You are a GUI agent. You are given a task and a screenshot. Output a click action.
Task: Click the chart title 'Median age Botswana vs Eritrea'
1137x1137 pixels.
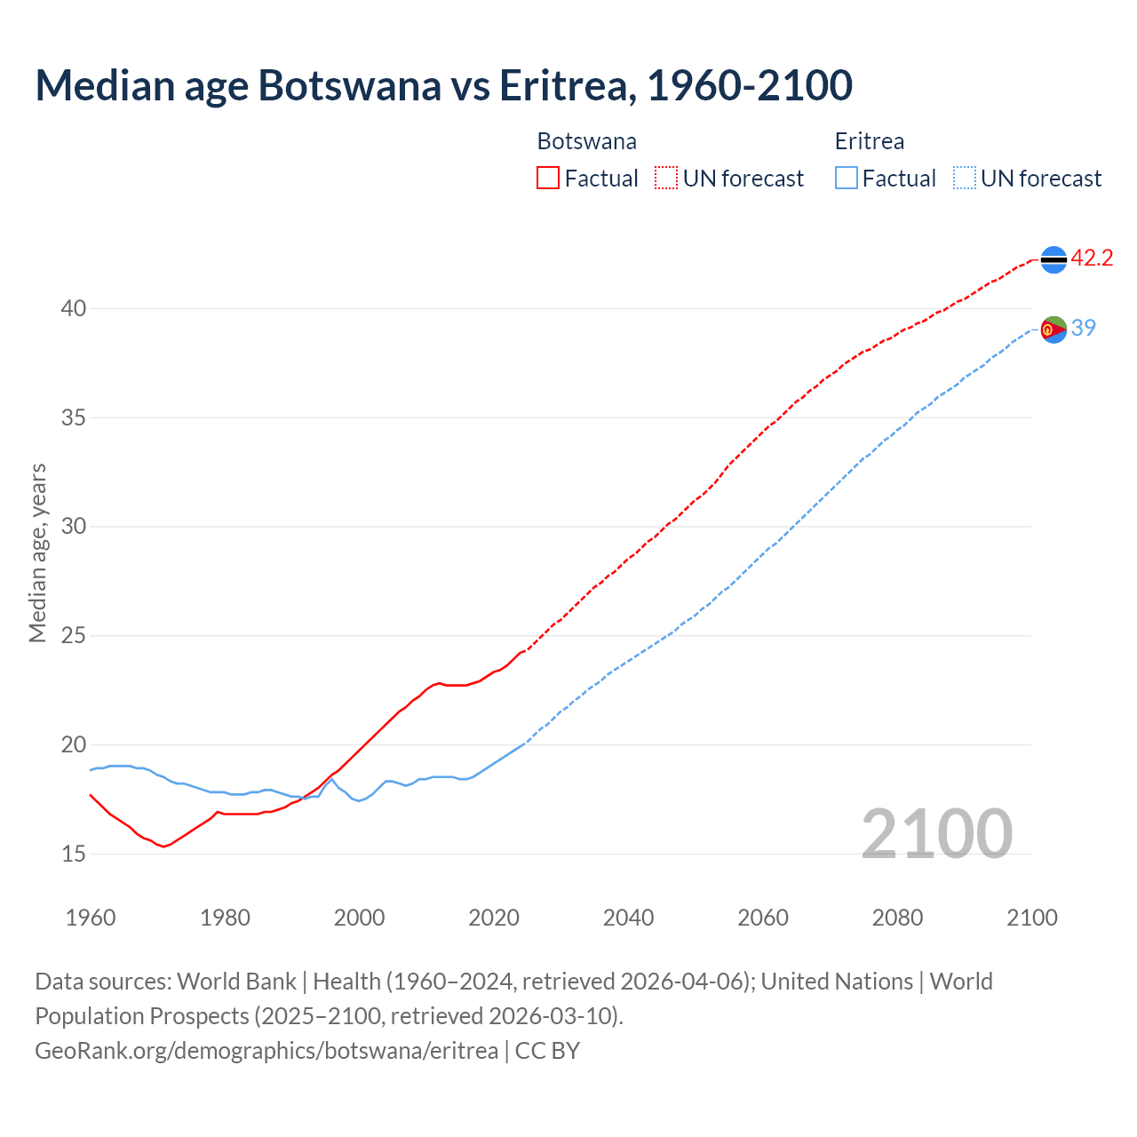coord(443,85)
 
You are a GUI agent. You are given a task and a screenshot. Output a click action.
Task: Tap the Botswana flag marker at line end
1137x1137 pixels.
coord(1054,259)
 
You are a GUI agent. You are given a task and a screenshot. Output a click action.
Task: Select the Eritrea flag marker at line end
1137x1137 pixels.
coord(1054,329)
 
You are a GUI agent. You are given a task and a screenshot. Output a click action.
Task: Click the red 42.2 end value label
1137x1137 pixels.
coord(1092,258)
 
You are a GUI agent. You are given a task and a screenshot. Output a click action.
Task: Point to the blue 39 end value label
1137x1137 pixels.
coord(1084,328)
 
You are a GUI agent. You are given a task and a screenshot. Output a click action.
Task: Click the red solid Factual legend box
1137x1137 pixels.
coord(548,179)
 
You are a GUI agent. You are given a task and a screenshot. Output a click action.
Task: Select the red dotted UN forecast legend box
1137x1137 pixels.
coord(666,179)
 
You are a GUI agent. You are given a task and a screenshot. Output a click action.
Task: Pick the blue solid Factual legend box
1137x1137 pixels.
coord(847,179)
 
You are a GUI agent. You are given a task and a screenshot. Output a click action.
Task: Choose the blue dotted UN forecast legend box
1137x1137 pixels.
coord(964,179)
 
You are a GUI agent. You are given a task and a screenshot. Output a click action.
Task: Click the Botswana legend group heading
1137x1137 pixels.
coord(586,141)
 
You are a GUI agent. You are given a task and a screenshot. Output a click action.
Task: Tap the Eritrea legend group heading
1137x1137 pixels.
coord(869,141)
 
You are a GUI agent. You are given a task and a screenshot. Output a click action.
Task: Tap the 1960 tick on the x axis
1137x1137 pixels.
coord(91,918)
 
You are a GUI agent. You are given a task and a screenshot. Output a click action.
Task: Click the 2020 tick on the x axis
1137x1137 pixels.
coord(494,918)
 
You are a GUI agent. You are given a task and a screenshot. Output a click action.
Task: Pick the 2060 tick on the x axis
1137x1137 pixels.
coord(763,918)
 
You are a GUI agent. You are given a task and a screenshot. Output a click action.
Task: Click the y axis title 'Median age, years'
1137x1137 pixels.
coord(37,553)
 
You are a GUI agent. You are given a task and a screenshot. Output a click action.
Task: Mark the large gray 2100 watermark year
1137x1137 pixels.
coord(936,833)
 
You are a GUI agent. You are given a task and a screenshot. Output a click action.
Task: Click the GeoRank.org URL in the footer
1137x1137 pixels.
coord(266,1051)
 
